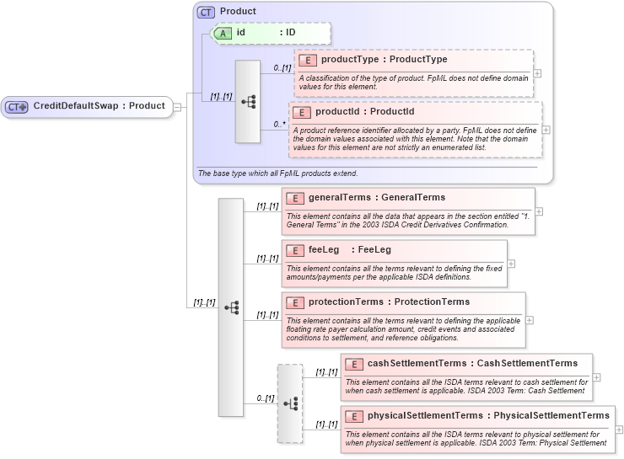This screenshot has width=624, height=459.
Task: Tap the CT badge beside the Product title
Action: tap(206, 13)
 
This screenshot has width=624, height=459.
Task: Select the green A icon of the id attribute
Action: tap(223, 33)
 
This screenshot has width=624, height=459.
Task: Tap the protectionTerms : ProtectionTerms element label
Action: tap(389, 302)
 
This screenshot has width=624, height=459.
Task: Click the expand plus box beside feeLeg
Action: tap(511, 264)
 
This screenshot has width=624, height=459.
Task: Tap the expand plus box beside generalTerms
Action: tap(539, 211)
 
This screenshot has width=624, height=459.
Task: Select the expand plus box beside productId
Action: tap(546, 130)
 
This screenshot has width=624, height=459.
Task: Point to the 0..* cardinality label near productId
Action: tap(279, 124)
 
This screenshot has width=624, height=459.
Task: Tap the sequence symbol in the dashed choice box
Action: tap(290, 403)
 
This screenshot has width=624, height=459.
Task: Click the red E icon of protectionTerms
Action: tap(295, 302)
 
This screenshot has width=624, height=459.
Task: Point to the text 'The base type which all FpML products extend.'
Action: tap(277, 173)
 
